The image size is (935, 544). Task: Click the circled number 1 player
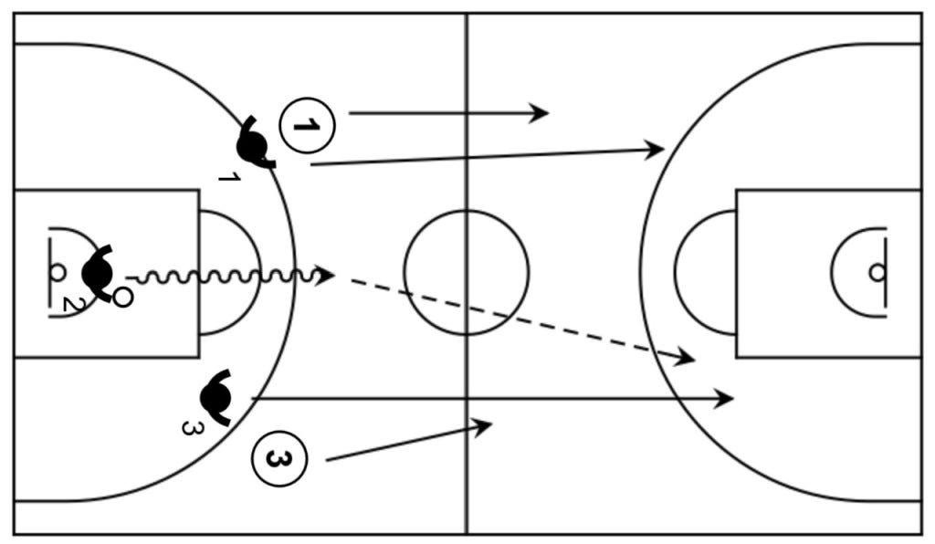point(308,126)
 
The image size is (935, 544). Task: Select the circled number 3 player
point(279,458)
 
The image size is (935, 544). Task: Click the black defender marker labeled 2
point(97,271)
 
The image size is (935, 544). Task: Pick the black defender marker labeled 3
point(216,397)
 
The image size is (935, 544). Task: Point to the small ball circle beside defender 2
point(121,297)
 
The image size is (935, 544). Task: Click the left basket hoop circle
point(57,271)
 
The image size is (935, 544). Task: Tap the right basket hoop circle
point(877,272)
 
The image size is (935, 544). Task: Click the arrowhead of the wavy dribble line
point(326,275)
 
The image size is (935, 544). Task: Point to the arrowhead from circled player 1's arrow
point(540,113)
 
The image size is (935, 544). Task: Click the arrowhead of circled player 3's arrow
point(483,425)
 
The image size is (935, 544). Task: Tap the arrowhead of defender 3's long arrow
point(725,399)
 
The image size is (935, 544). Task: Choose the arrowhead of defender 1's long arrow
point(655,149)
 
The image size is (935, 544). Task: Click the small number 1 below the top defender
point(229,176)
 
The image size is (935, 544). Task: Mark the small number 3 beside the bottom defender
point(189,425)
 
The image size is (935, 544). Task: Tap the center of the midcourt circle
point(467,272)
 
